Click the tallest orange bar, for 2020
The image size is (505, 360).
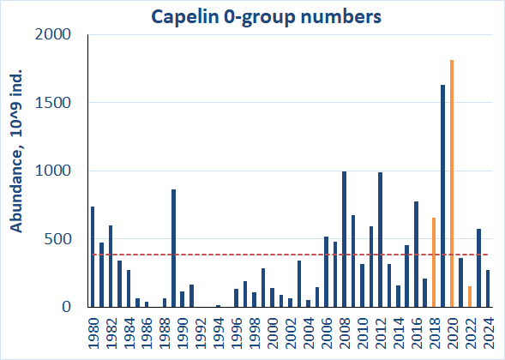452,183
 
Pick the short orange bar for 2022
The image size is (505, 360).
470,297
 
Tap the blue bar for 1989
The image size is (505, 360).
174,249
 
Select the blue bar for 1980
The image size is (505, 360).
93,257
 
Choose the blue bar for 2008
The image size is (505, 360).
345,239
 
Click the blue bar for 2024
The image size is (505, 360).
488,289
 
